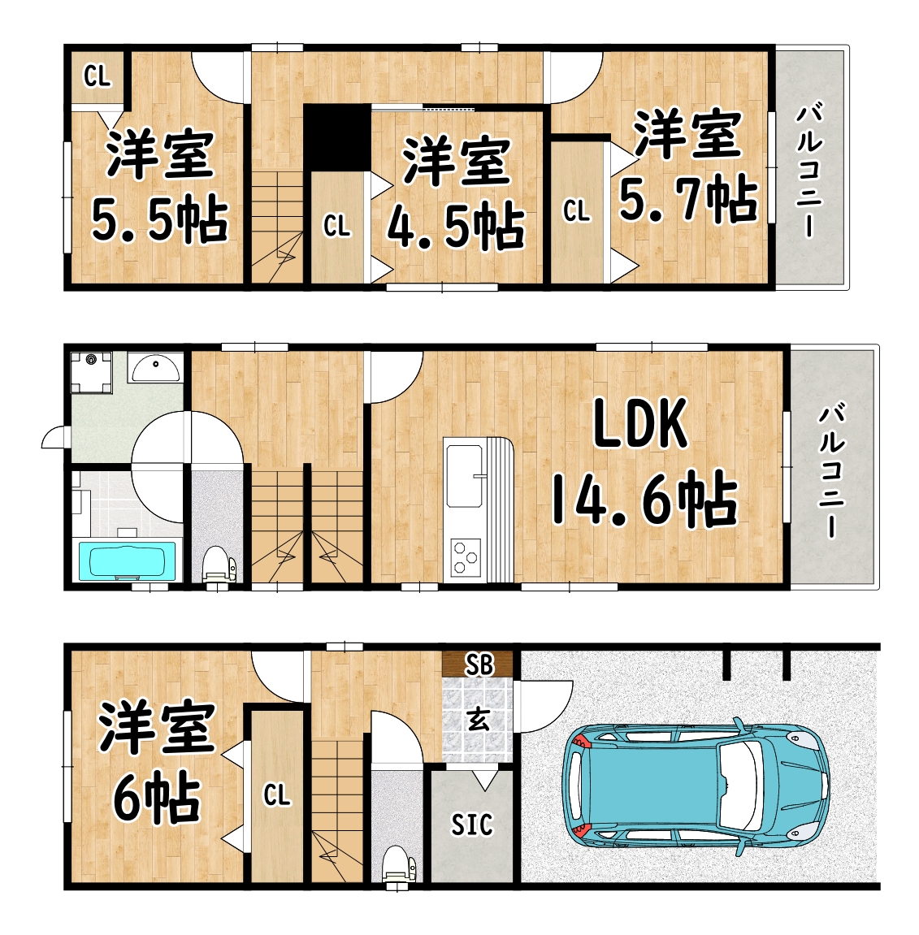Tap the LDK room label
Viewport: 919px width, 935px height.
coord(640,424)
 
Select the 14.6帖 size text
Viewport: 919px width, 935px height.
coord(644,499)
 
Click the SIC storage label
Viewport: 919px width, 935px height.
coord(472,825)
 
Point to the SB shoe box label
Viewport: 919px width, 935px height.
coord(479,664)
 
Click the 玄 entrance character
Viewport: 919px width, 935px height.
coord(479,719)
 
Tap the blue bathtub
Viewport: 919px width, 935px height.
coord(128,561)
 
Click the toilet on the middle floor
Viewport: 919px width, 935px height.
coord(219,566)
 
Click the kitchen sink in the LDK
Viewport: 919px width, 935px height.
coord(464,476)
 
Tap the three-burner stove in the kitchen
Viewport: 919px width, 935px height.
coord(465,557)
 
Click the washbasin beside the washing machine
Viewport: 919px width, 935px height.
coord(155,367)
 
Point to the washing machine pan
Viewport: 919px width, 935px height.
coord(91,373)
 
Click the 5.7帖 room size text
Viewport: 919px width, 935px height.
coord(689,199)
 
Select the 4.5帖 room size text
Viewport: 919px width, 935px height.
coord(456,226)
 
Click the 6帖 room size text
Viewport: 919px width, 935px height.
coord(156,797)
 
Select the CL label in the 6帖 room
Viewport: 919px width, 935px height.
coord(277,794)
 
